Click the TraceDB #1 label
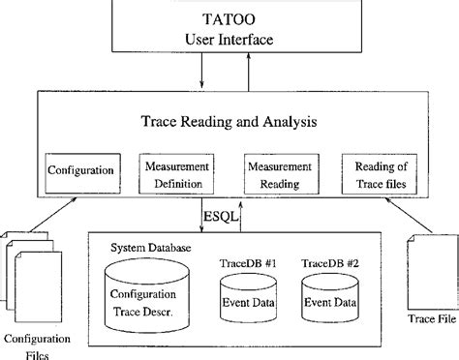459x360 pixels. click(250, 262)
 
